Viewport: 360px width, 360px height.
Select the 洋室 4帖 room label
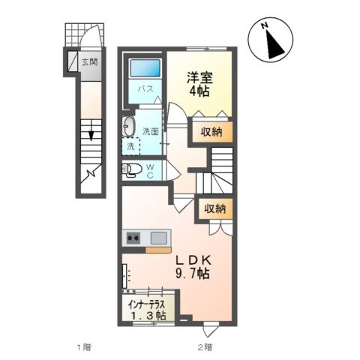point(199,81)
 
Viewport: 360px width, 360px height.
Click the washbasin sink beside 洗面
point(129,124)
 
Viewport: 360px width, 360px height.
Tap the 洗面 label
point(151,131)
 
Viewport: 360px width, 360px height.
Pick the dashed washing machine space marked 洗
point(131,145)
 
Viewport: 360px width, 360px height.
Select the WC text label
point(150,171)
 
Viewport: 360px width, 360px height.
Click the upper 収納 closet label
point(211,132)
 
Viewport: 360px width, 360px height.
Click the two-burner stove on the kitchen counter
point(133,238)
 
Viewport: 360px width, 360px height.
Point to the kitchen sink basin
point(159,238)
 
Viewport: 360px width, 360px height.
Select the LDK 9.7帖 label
point(194,266)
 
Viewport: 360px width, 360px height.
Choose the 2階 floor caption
point(205,347)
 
